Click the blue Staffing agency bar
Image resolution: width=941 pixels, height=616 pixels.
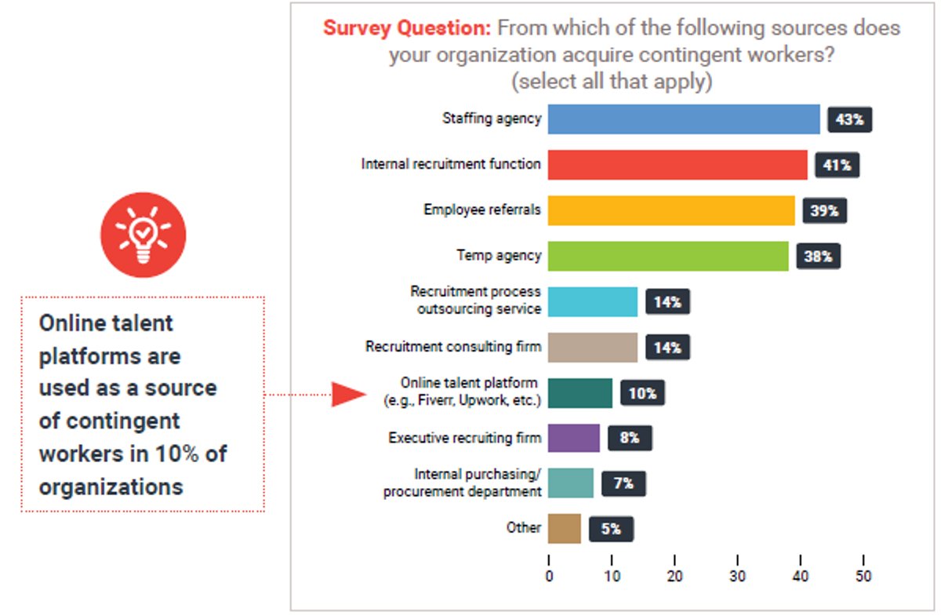[683, 119]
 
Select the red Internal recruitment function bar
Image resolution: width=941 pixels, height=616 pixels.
[677, 165]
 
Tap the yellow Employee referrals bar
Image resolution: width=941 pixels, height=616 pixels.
[670, 210]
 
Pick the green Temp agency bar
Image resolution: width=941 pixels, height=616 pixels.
[667, 256]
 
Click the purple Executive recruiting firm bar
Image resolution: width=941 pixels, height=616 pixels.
[573, 438]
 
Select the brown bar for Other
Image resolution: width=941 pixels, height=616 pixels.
[564, 529]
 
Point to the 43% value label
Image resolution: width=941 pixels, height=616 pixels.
[849, 119]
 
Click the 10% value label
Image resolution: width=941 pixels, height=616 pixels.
[642, 393]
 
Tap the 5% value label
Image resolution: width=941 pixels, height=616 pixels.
[611, 529]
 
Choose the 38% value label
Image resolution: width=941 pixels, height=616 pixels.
[818, 257]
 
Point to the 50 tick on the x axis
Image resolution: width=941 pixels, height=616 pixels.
[863, 575]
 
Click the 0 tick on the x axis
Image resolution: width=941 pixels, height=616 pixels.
[549, 575]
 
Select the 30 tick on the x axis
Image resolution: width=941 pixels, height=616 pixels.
[738, 575]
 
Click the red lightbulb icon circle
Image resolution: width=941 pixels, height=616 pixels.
[143, 235]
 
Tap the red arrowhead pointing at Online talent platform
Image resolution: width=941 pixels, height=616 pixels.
[346, 395]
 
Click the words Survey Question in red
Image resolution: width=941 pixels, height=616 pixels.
[406, 29]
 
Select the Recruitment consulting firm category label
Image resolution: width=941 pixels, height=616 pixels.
[452, 347]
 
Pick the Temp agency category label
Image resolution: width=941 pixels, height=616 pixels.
[499, 256]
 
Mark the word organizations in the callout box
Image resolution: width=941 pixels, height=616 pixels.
[111, 487]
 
